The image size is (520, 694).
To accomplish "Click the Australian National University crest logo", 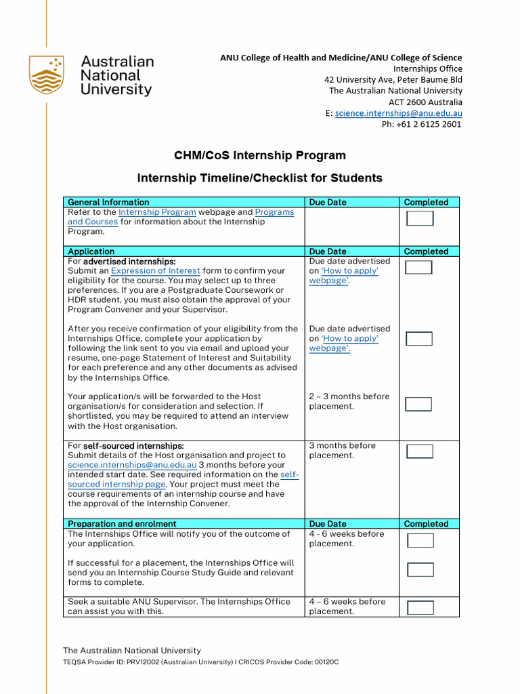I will (47, 75).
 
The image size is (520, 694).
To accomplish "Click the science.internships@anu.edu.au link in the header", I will (399, 113).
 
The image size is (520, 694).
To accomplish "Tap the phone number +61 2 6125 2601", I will (421, 124).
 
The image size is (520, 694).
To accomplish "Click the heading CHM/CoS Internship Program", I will (259, 155).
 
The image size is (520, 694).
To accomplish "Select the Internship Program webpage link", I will (157, 212).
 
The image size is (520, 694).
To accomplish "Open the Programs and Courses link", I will (274, 212).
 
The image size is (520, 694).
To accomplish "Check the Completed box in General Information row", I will (419, 218).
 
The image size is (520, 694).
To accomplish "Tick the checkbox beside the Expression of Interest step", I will (418, 267).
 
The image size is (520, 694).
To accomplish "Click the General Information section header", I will (108, 202).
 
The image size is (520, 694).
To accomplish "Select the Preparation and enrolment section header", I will (122, 524).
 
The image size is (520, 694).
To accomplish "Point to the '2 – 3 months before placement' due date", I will (349, 401).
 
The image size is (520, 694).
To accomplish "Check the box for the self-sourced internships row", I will (419, 451).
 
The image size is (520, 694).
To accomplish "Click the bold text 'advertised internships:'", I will (129, 261).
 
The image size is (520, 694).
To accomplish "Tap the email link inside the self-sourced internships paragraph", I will (132, 465).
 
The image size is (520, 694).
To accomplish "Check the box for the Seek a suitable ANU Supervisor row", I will (420, 607).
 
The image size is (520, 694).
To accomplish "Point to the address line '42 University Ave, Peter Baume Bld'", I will (393, 79).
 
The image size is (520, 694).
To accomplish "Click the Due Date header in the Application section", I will (328, 251).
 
